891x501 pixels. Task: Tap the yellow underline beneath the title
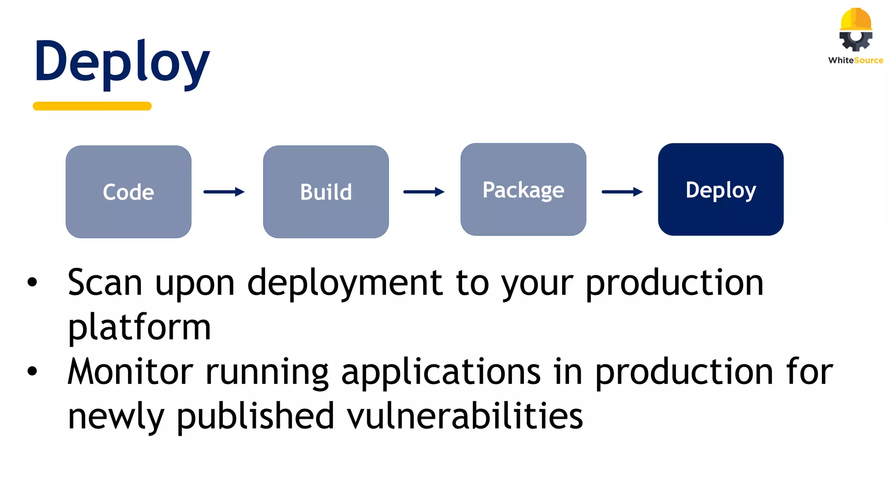click(92, 106)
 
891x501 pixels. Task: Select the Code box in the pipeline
click(128, 192)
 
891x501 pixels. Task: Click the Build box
click(326, 192)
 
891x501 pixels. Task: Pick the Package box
click(523, 190)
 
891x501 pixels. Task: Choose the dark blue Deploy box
click(720, 190)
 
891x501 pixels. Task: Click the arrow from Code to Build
click(224, 192)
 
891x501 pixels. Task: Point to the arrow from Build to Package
click(424, 192)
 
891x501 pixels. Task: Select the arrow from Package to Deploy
click(622, 192)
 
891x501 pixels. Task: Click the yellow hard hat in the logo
click(856, 19)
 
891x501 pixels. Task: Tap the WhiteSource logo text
click(855, 60)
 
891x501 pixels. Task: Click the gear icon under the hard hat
click(855, 40)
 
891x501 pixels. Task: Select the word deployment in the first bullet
click(345, 284)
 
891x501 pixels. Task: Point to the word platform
click(139, 327)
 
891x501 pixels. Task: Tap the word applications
click(441, 373)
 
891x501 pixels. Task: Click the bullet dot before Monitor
click(32, 371)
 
